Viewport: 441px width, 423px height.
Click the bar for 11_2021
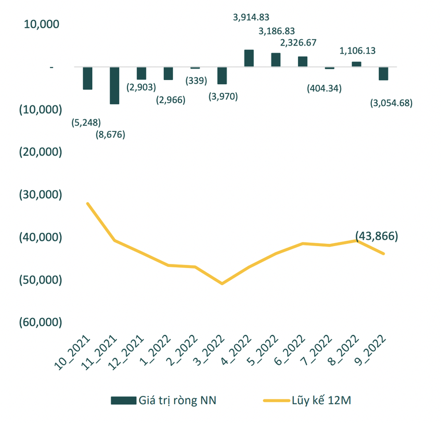coord(114,85)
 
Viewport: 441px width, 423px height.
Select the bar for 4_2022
coord(249,58)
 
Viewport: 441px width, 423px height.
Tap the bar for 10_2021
coord(88,78)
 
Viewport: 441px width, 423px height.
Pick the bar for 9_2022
coord(383,74)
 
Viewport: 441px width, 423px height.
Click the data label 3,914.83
coord(251,17)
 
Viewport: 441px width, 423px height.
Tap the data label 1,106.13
coord(357,51)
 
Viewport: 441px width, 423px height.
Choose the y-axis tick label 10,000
coord(42,24)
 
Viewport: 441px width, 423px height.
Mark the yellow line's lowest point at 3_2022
coord(222,284)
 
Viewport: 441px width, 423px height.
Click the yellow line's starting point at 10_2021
coord(88,203)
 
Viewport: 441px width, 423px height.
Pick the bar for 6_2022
coord(303,62)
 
